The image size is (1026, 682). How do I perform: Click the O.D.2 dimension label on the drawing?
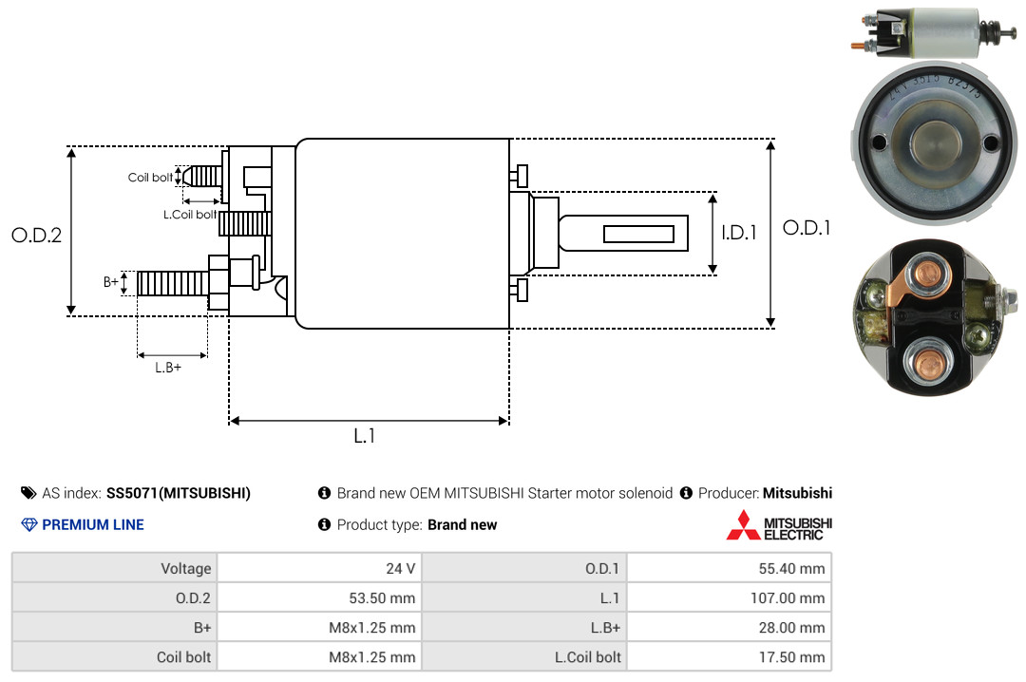click(x=37, y=235)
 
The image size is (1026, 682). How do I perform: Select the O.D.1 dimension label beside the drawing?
click(x=807, y=228)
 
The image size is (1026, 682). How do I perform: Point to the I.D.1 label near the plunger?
click(x=739, y=233)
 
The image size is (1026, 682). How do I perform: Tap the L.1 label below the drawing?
click(x=365, y=436)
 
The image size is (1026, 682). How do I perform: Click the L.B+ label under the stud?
click(x=168, y=368)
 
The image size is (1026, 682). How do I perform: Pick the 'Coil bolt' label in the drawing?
click(x=150, y=178)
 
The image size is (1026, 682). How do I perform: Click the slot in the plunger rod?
click(x=638, y=234)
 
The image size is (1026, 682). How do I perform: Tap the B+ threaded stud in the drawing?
click(x=173, y=283)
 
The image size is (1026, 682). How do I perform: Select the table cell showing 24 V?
click(x=319, y=568)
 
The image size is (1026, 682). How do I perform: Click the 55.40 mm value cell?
click(x=729, y=568)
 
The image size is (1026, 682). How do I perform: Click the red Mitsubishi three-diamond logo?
click(x=743, y=525)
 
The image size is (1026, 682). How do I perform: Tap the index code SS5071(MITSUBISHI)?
click(x=179, y=493)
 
